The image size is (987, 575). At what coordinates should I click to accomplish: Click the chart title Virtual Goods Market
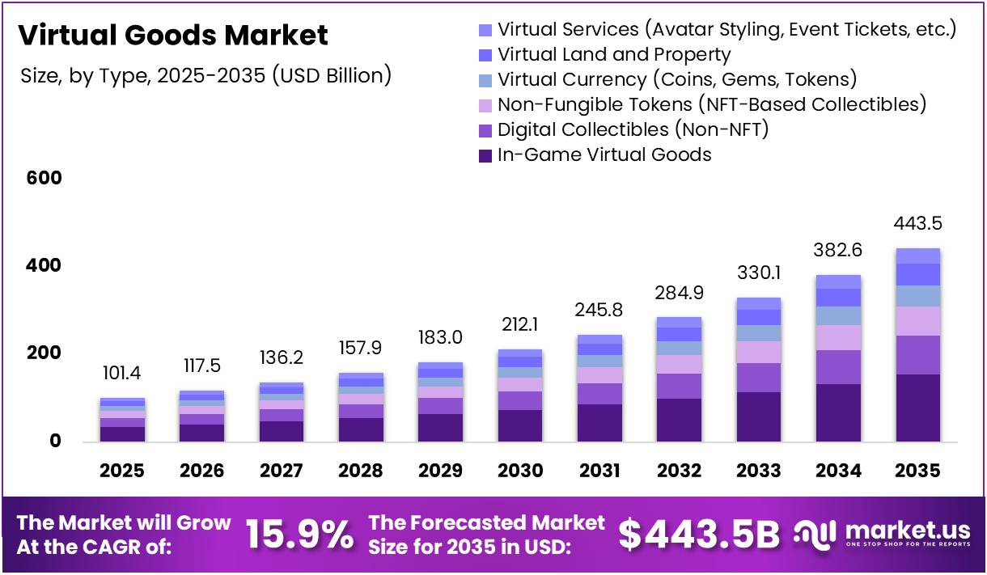point(173,36)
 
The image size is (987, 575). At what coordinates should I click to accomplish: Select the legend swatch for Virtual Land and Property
point(485,55)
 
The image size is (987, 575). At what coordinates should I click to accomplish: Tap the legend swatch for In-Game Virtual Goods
point(485,155)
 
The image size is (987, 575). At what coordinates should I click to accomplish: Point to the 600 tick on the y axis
point(44,178)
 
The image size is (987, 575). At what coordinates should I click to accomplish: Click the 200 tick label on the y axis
point(44,353)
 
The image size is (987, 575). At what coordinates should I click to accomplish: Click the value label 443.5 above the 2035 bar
point(917,224)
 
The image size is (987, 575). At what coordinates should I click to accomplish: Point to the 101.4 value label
point(122,374)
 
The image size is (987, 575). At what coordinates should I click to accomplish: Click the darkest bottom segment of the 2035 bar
point(917,408)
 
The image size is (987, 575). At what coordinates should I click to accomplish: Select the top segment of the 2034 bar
point(838,281)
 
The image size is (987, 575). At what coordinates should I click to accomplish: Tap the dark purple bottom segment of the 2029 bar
point(440,428)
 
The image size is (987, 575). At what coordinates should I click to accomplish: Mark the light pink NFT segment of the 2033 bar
point(759,353)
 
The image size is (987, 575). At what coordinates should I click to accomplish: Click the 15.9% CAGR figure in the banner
point(299,534)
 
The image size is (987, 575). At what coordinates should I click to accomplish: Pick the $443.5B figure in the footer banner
point(699,534)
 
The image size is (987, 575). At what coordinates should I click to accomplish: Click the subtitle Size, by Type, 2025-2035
point(205,76)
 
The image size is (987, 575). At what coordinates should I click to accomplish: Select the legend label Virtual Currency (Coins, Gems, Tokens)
point(677,79)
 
